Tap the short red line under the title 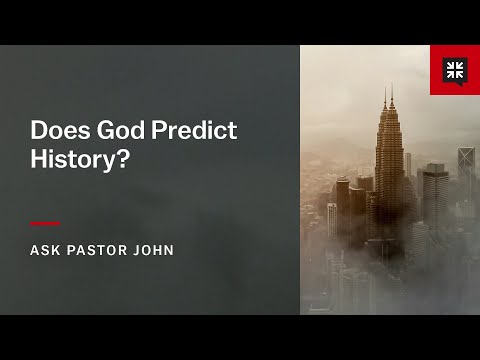tap(45, 223)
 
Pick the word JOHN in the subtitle tap(153, 250)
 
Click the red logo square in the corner tap(455, 70)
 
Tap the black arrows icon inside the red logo tap(455, 69)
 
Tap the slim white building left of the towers tap(332, 220)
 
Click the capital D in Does tap(38, 131)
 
